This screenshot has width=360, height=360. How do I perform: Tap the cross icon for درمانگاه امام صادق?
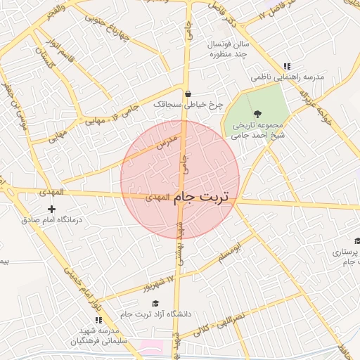tap(51, 209)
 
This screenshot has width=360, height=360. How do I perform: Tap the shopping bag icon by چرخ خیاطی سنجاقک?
tap(188, 94)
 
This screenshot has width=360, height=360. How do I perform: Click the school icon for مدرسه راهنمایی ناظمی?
tap(287, 66)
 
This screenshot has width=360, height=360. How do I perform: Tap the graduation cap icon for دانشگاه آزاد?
tap(155, 303)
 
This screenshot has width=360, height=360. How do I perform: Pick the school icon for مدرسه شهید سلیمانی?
tap(98, 320)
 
